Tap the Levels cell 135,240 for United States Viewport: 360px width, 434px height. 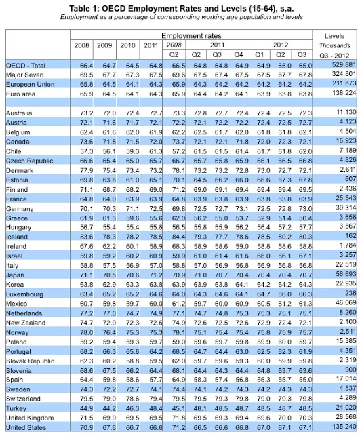point(344,429)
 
